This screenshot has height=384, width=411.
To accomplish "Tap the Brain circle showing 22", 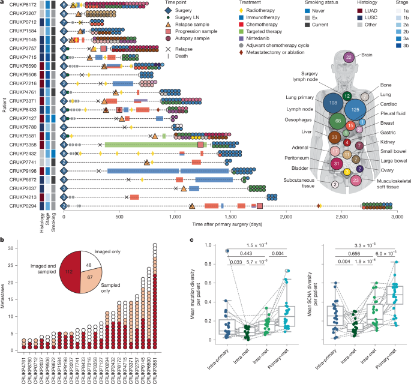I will (349, 58).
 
